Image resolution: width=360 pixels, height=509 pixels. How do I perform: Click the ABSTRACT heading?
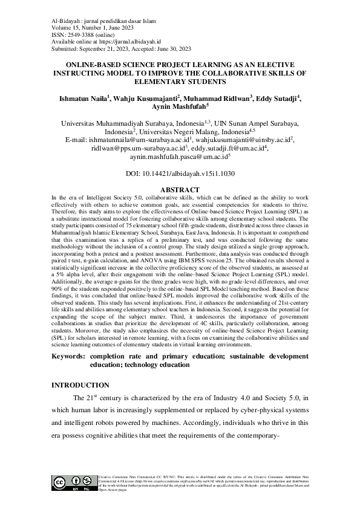pyautogui.click(x=180, y=190)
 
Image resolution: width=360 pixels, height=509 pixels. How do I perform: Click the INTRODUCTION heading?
pyautogui.click(x=80, y=385)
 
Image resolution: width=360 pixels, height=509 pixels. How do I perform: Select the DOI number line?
pyautogui.click(x=180, y=173)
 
